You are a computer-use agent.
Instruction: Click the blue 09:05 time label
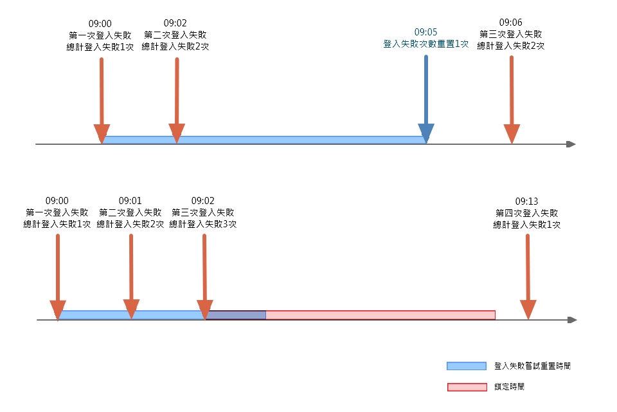pyautogui.click(x=425, y=32)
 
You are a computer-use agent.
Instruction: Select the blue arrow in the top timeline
pyautogui.click(x=425, y=97)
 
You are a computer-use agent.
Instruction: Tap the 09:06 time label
pyautogui.click(x=511, y=22)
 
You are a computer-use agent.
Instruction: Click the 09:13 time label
pyautogui.click(x=527, y=200)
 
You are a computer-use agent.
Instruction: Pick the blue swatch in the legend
pyautogui.click(x=467, y=366)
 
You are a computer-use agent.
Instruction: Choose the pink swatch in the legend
pyautogui.click(x=467, y=387)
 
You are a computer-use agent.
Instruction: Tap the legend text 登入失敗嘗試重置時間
pyautogui.click(x=532, y=366)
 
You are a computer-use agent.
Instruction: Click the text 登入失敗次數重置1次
pyautogui.click(x=425, y=44)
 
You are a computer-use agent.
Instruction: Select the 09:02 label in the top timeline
pyautogui.click(x=175, y=22)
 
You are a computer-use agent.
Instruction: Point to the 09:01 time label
pyautogui.click(x=130, y=200)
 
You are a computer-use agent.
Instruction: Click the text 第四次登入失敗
pyautogui.click(x=527, y=212)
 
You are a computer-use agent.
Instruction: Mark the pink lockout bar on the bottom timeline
pyautogui.click(x=380, y=315)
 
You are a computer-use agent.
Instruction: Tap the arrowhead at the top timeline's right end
pyautogui.click(x=571, y=144)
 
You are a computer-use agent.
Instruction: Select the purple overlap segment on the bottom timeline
pyautogui.click(x=236, y=315)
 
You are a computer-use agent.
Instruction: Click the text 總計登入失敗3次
pyautogui.click(x=203, y=225)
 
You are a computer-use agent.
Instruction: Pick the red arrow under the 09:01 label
pyautogui.click(x=131, y=274)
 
